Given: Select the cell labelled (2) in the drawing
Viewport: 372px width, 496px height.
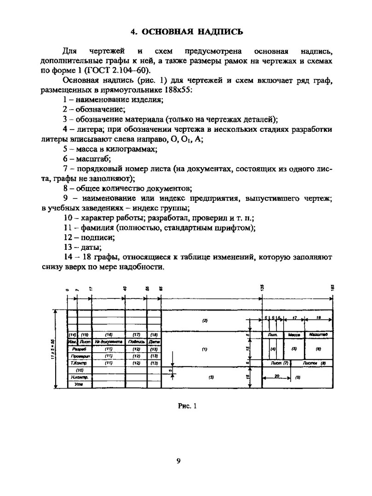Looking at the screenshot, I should (205, 320).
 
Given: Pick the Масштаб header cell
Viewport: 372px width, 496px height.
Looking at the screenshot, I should (318, 335).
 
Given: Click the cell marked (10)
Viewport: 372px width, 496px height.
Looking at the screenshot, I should (80, 370).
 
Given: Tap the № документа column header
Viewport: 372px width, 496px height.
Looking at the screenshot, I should (109, 342).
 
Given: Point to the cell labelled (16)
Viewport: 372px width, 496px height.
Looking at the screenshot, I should (109, 335).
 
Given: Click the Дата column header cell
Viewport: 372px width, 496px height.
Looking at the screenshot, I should (154, 342).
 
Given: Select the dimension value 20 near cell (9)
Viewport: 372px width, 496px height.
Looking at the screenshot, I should (277, 376).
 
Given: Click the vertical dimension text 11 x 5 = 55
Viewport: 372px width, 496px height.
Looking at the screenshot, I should (53, 349).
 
